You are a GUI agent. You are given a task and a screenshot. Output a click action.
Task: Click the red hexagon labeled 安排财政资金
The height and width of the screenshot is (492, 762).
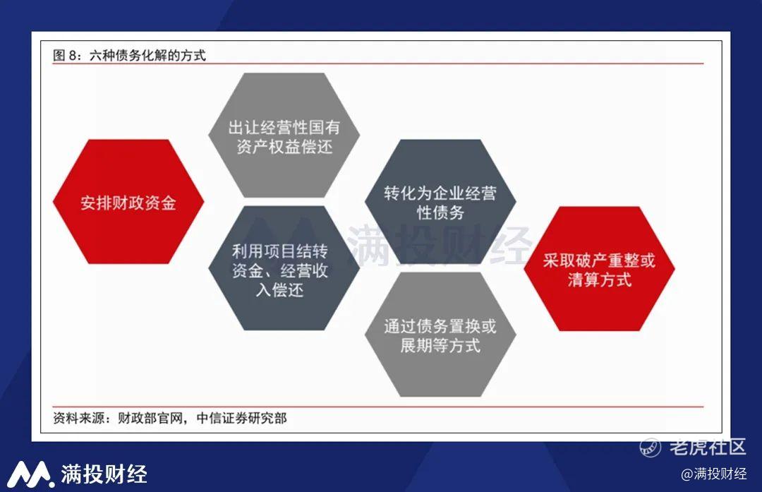(x=128, y=202)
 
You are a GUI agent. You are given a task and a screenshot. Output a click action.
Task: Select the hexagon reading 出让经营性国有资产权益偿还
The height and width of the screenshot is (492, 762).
(x=284, y=135)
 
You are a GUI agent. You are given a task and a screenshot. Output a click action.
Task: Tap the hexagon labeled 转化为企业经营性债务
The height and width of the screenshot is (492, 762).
(x=440, y=202)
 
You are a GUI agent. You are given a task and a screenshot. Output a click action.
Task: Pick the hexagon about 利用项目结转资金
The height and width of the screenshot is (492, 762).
(x=284, y=268)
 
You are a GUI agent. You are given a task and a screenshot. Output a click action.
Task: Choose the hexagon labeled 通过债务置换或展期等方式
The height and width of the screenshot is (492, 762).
(x=440, y=335)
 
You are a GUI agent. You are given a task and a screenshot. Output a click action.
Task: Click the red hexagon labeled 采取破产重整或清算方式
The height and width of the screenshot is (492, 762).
(x=599, y=269)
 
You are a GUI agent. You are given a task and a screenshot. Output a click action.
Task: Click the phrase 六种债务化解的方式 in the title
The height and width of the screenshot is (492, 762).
(x=147, y=56)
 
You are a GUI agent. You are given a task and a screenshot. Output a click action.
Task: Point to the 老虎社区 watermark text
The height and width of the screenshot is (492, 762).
(x=707, y=447)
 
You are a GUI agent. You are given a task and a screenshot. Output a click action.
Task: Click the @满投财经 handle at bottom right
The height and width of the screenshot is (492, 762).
(x=714, y=474)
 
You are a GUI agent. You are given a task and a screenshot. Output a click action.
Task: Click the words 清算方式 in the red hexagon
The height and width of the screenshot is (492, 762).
(x=599, y=280)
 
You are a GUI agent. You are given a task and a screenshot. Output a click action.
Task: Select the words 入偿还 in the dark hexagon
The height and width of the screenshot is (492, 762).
(x=280, y=289)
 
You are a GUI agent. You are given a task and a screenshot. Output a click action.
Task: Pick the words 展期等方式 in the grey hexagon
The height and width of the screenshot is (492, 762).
(x=440, y=345)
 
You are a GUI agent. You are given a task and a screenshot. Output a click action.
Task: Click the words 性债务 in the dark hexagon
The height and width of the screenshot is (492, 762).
(x=440, y=212)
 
